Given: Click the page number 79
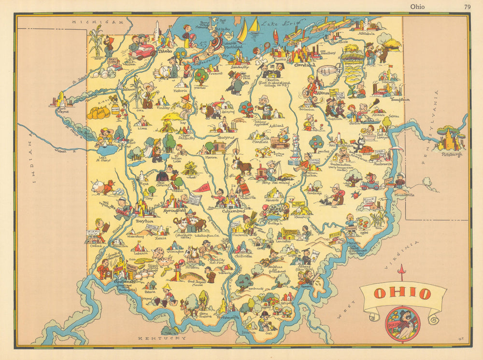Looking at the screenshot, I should pos(467,6).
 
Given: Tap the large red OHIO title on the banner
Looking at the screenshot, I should pos(402,293).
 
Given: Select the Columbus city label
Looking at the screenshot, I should pos(233,211).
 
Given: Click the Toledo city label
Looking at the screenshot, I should pos(165,50).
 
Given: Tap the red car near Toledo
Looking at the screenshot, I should pos(143,51).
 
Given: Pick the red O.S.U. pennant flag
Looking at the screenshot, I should pos(202,187).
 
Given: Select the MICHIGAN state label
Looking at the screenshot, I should pos(96,22).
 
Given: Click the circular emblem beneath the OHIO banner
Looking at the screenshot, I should pos(402,324).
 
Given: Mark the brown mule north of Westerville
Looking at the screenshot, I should pos(242,166).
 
